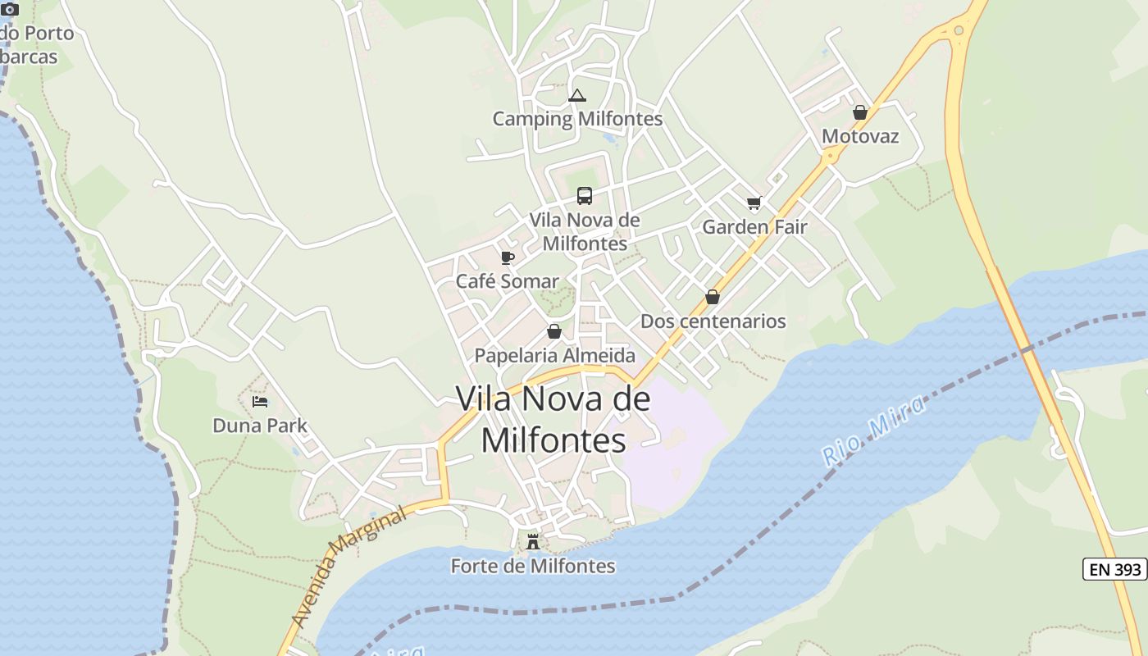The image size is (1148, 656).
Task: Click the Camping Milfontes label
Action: pos(577,119)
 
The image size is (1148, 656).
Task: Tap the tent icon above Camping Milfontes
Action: pos(577,96)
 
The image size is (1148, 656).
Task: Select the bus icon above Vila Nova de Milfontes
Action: pos(585,196)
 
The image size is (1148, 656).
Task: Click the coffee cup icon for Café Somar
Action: pos(508,258)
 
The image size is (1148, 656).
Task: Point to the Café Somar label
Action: pos(508,281)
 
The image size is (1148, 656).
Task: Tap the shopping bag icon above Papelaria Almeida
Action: pos(554,332)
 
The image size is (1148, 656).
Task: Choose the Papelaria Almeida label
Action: pos(555,356)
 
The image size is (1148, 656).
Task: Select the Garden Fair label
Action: pos(754,227)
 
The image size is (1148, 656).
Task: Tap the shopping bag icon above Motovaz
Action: pos(860,112)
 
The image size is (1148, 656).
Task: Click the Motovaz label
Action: pos(860,136)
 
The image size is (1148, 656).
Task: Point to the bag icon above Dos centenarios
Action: pos(713,297)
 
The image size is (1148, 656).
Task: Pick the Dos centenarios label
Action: pos(713,321)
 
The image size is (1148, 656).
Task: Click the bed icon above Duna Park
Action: pos(260,402)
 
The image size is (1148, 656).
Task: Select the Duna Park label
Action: pos(260,426)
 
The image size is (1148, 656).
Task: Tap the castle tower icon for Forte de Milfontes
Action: pos(533,541)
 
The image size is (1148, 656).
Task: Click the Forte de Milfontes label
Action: pos(533,566)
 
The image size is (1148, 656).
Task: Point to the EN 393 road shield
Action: pos(1114,569)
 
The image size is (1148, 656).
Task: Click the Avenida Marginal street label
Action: pos(348,567)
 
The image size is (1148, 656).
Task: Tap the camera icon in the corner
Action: pos(10,10)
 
